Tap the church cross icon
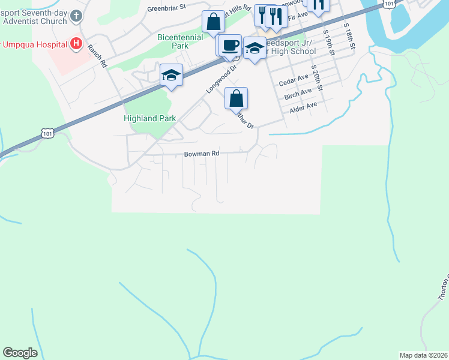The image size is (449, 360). click(76, 16)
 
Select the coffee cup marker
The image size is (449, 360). click(229, 46)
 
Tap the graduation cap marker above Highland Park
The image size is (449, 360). click(171, 76)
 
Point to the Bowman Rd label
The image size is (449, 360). click(202, 154)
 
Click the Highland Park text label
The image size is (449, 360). click(149, 118)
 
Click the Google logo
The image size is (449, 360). click(20, 353)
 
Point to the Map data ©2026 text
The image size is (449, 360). click(423, 355)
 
